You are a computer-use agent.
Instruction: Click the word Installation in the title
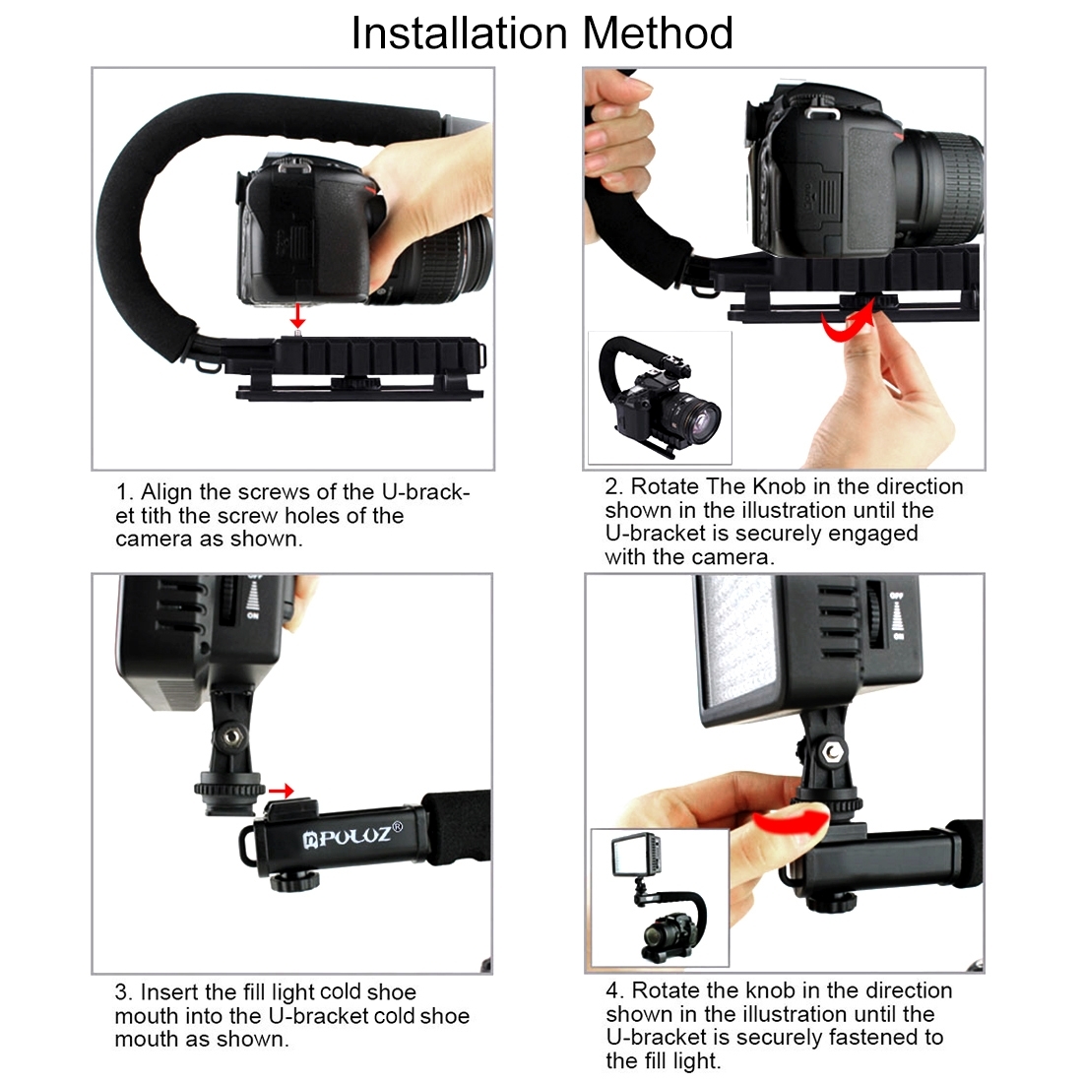pyautogui.click(x=460, y=32)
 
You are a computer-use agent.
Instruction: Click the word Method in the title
pyautogui.click(x=658, y=32)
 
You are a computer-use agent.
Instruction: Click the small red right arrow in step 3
pyautogui.click(x=282, y=791)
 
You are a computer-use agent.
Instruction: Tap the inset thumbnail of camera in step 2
pyautogui.click(x=660, y=398)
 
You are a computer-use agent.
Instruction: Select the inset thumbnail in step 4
pyautogui.click(x=660, y=898)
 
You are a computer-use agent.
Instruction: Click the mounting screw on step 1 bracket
pyautogui.click(x=296, y=336)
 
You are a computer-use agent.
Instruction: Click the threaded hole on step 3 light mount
pyautogui.click(x=235, y=733)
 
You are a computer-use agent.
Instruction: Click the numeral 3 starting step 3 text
pyautogui.click(x=121, y=992)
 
